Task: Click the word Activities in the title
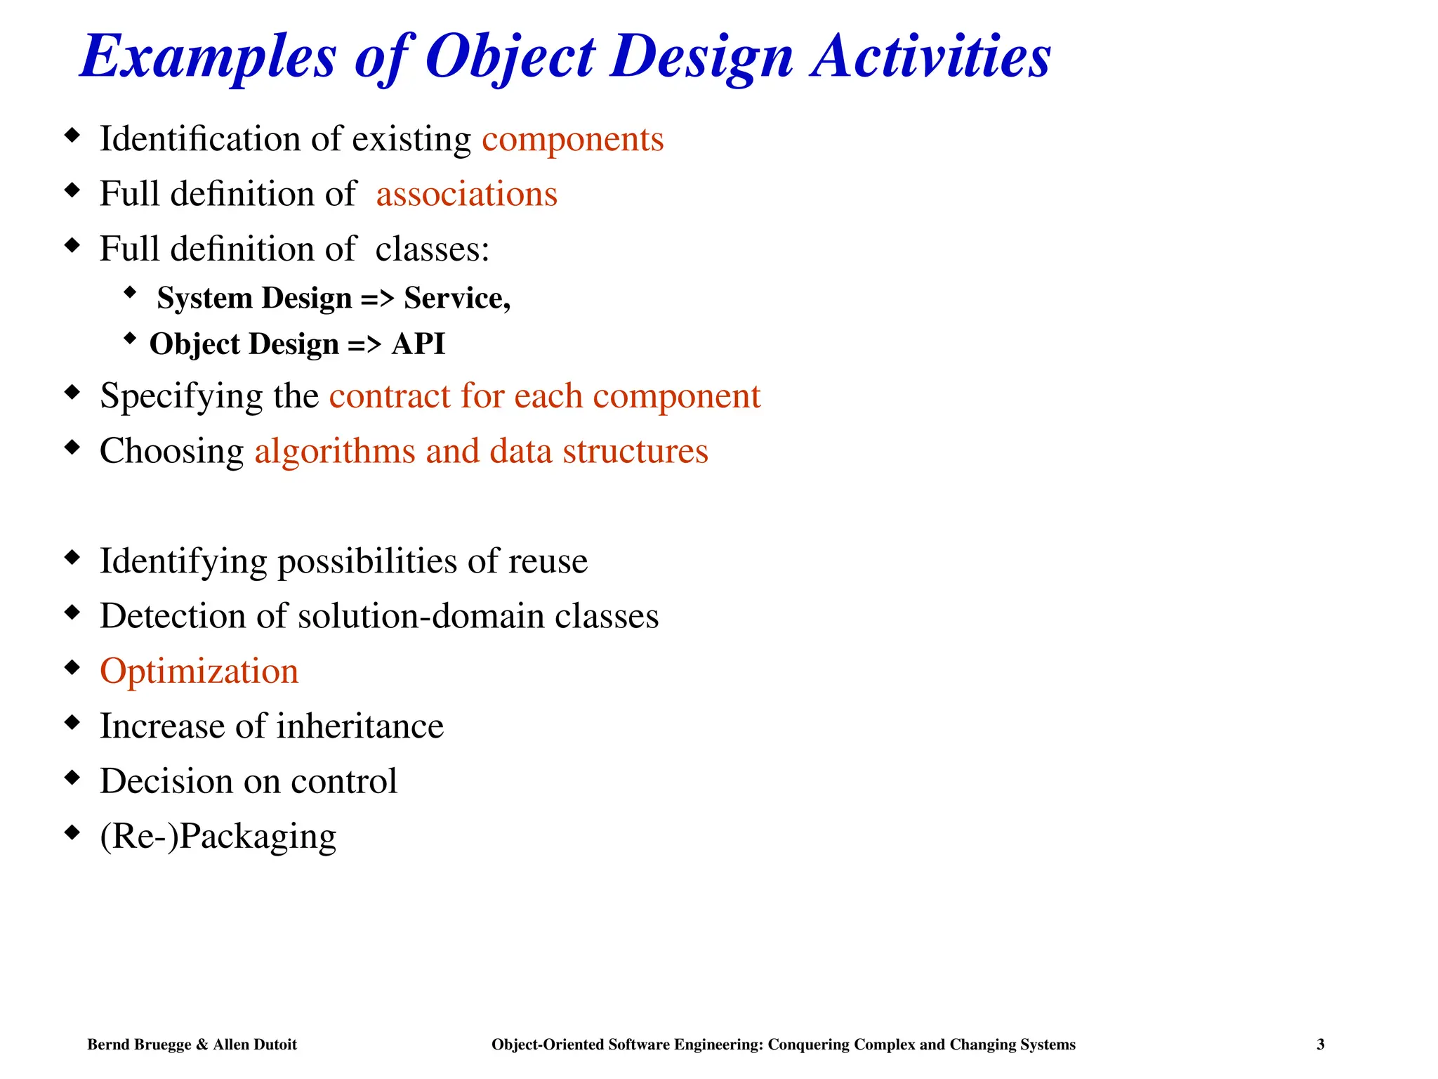coord(930,56)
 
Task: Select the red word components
coord(572,140)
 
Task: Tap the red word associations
coord(466,194)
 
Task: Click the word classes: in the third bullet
coord(432,249)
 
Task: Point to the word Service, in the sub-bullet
coord(456,299)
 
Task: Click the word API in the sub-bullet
coord(418,344)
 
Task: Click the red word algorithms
coord(334,452)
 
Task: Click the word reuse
coord(548,562)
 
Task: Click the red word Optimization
coord(199,672)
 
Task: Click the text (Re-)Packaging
coord(218,837)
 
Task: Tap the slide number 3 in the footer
coord(1320,1045)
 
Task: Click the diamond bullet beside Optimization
coord(72,667)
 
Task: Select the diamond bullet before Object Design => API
coord(129,339)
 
